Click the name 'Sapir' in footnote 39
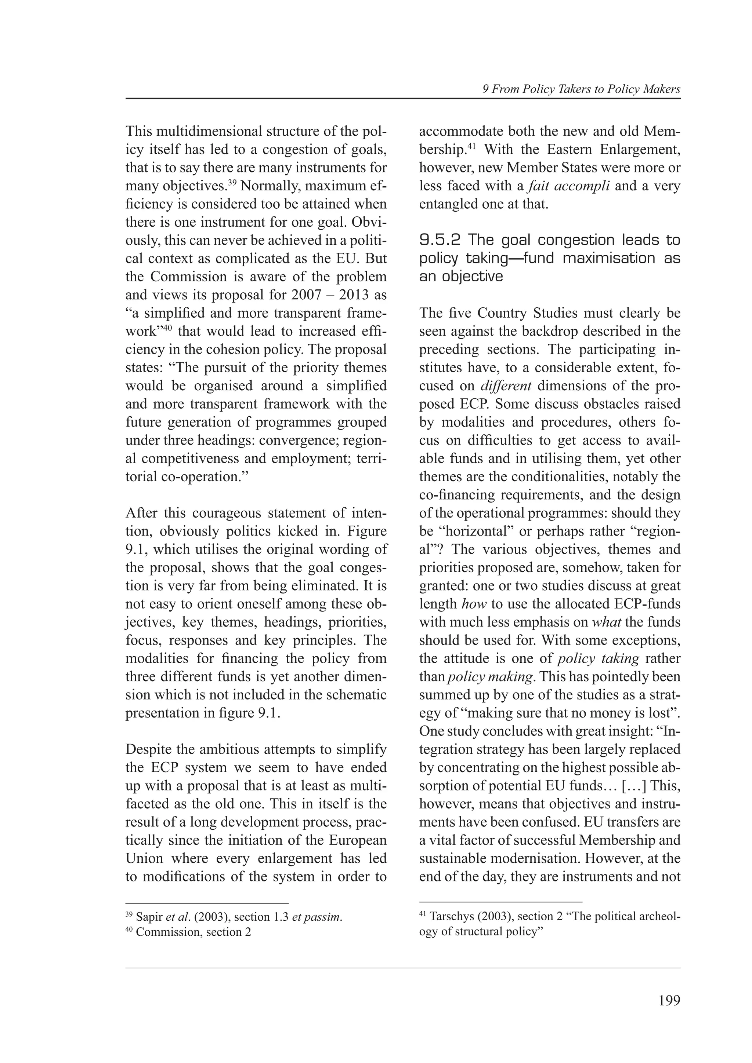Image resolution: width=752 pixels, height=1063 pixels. tap(149, 917)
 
